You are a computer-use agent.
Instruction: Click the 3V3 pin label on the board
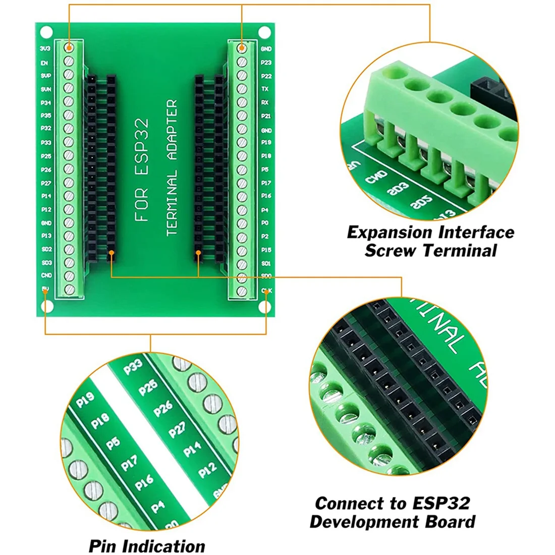(45, 48)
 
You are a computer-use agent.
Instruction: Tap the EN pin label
(44, 63)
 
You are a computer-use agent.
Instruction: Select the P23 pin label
(266, 63)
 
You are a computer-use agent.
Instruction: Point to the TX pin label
(265, 89)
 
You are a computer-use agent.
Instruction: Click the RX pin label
(265, 102)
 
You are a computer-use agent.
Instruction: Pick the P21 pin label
(266, 116)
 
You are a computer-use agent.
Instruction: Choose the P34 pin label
(45, 102)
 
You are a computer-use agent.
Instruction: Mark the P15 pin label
(266, 249)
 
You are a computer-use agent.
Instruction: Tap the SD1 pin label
(266, 263)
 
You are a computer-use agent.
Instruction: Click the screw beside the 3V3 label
(69, 48)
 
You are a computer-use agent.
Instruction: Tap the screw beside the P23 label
(242, 62)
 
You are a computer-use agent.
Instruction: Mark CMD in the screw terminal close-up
(376, 177)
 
